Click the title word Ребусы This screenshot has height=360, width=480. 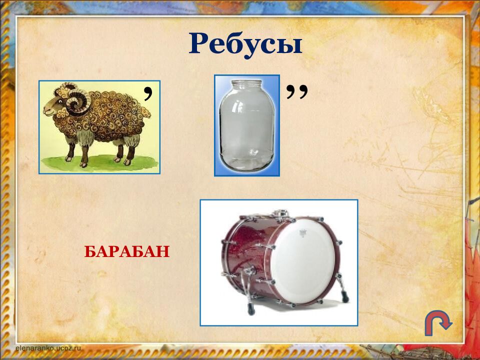245,44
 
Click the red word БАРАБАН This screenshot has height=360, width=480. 127,251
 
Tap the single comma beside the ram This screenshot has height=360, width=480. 148,91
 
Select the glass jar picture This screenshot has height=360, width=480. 247,125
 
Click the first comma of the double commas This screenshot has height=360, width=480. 290,90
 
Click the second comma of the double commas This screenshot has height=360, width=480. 302,90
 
